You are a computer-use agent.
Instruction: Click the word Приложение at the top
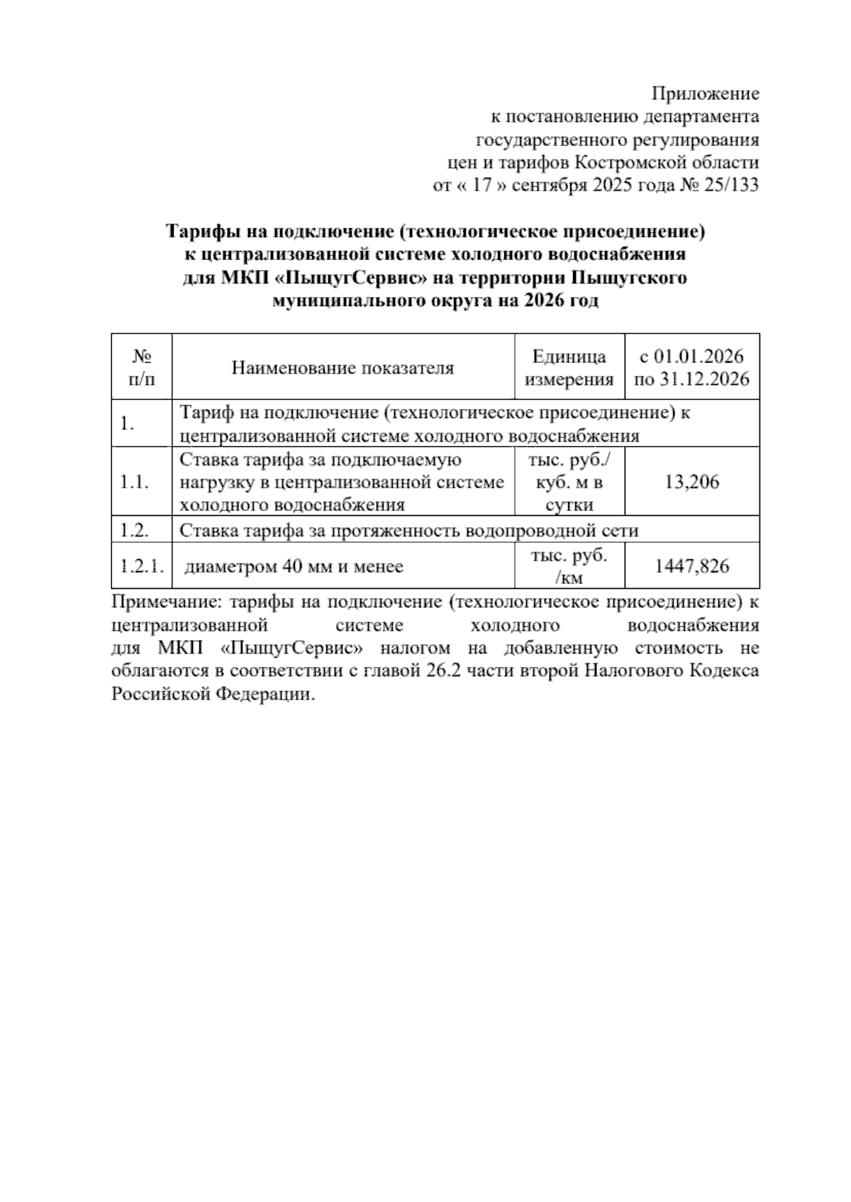point(705,94)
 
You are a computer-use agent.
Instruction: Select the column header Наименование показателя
point(343,368)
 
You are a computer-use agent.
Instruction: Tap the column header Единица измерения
point(569,368)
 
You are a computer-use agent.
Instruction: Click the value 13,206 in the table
point(691,483)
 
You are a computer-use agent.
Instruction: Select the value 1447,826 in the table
point(691,566)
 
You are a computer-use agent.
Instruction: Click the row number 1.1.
point(134,483)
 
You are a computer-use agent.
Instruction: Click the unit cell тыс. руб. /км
point(569,566)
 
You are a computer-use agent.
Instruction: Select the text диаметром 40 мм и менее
point(294,566)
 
